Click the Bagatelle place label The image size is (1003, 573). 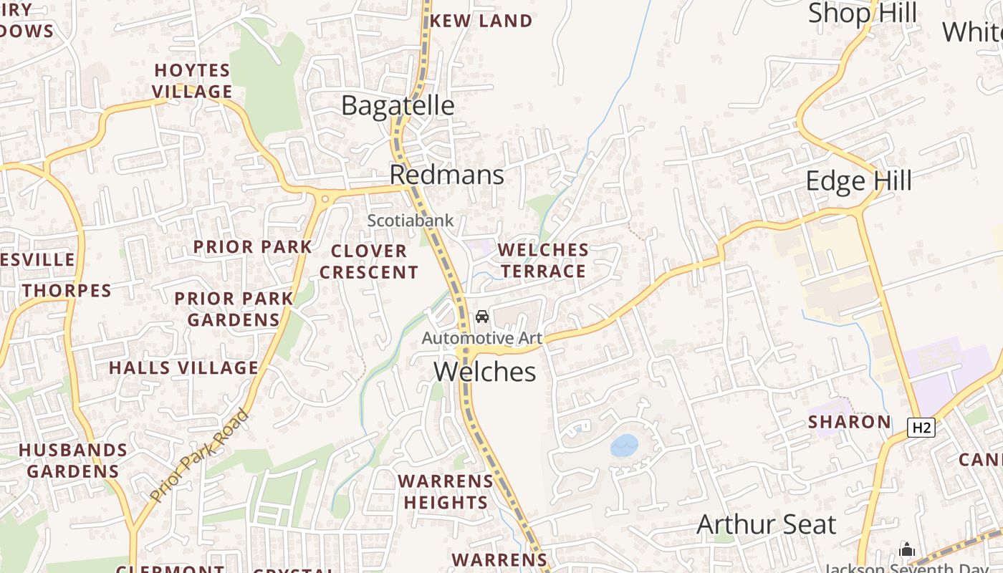[x=398, y=105]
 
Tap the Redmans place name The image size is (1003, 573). [x=447, y=175]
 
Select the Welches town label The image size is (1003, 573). [x=485, y=372]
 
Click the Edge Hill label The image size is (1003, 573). [x=859, y=180]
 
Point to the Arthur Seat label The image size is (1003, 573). [x=766, y=525]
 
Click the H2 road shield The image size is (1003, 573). [x=921, y=428]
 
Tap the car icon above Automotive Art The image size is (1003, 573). [x=482, y=317]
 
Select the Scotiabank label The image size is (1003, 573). [x=411, y=221]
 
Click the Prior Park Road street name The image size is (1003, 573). [x=200, y=456]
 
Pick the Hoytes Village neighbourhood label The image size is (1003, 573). [x=193, y=81]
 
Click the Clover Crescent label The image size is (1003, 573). [x=369, y=261]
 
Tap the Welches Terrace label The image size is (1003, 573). [x=543, y=260]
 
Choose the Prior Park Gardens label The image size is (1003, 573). [x=234, y=309]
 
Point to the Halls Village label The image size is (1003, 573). [x=183, y=368]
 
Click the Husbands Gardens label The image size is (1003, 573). [x=73, y=461]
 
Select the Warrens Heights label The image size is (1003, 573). [x=446, y=491]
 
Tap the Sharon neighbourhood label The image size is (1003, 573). [x=850, y=422]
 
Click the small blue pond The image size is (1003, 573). [x=624, y=446]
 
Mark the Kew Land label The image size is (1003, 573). [x=481, y=21]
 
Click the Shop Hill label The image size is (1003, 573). [x=863, y=13]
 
